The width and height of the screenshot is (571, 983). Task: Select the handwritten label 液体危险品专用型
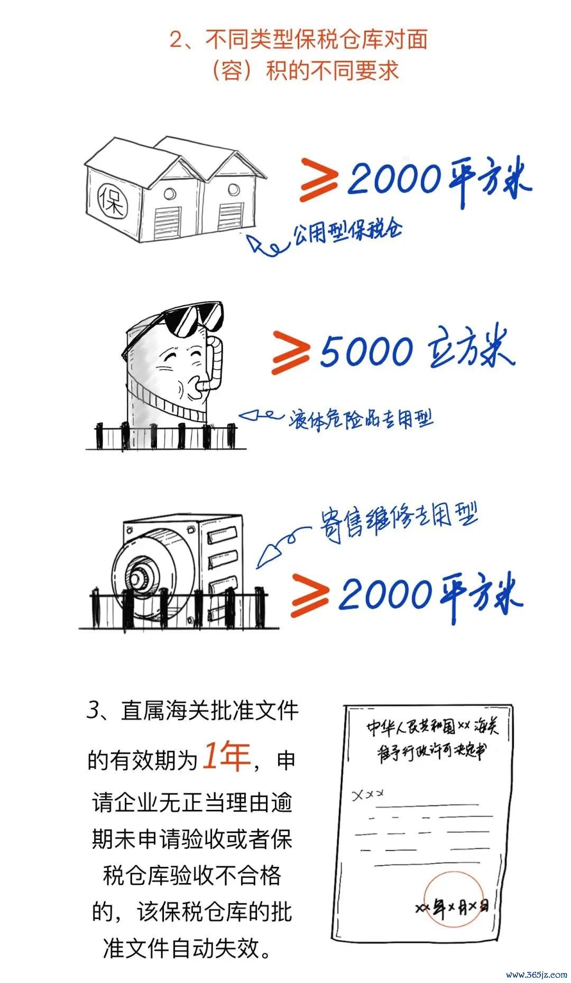coord(361,419)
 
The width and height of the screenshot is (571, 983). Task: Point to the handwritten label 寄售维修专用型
coord(398,519)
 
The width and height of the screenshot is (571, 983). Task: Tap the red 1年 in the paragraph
coord(227,756)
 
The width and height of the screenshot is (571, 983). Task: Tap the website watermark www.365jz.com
coord(536,973)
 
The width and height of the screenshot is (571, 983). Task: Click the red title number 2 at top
coord(176,40)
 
